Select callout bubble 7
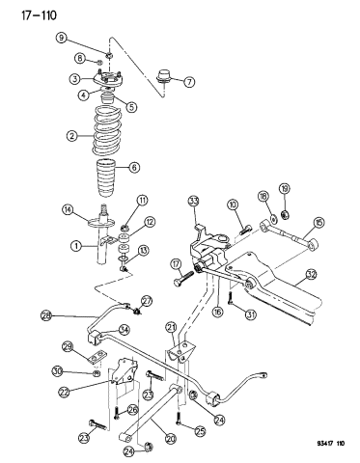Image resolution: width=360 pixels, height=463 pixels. click(189, 82)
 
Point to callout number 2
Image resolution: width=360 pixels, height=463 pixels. click(70, 136)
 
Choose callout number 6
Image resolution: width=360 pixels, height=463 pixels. click(161, 168)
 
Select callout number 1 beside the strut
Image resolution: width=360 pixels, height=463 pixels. click(73, 245)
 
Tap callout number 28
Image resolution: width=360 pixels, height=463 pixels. click(46, 314)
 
